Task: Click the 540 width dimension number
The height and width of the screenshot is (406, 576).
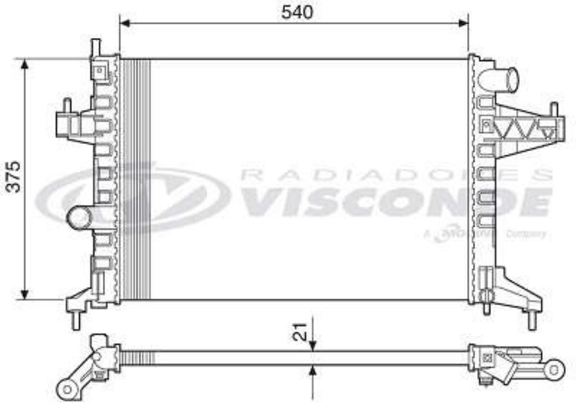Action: pos(297,12)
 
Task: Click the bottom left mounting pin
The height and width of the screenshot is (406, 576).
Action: pos(75,320)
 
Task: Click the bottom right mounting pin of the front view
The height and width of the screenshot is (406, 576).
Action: pos(532,320)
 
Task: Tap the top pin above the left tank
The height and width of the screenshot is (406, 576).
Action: pos(96,47)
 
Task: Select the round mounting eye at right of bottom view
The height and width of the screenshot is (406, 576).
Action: pos(554,370)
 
